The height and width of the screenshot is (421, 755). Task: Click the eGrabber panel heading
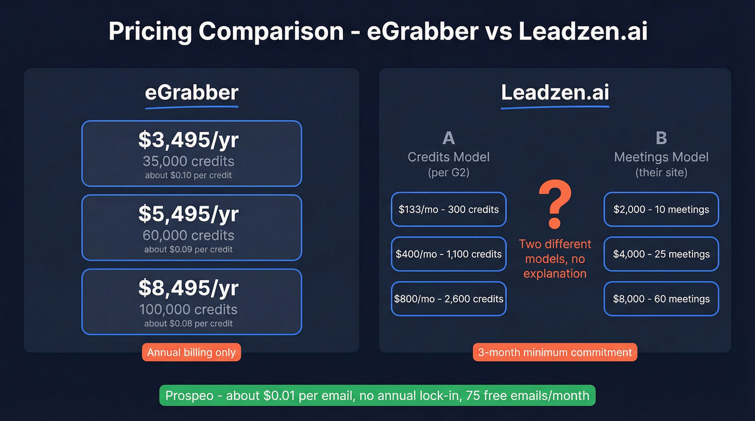[191, 93]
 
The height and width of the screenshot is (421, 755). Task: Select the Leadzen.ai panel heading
[555, 93]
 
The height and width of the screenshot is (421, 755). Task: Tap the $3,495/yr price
[188, 140]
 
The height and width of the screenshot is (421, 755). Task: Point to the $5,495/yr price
[188, 214]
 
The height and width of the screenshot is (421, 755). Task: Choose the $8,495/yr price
[188, 288]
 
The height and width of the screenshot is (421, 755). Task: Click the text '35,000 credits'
[188, 161]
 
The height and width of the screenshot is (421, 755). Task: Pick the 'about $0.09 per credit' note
[188, 250]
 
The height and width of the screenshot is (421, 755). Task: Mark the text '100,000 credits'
[188, 309]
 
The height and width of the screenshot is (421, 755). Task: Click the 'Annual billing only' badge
[191, 353]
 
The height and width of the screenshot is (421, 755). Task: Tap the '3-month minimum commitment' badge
[555, 353]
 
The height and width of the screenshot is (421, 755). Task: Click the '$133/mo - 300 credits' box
[449, 209]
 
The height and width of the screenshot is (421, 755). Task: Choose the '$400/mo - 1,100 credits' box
[449, 254]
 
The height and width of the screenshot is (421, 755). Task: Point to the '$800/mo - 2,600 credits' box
[449, 299]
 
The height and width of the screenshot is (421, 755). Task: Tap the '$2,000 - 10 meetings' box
[661, 209]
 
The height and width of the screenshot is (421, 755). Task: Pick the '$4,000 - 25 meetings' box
[661, 254]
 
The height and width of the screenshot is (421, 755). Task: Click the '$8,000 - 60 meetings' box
[661, 299]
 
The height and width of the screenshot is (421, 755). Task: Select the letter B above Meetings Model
[661, 138]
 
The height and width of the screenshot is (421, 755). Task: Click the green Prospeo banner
[377, 396]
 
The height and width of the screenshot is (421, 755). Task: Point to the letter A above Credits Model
[449, 138]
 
